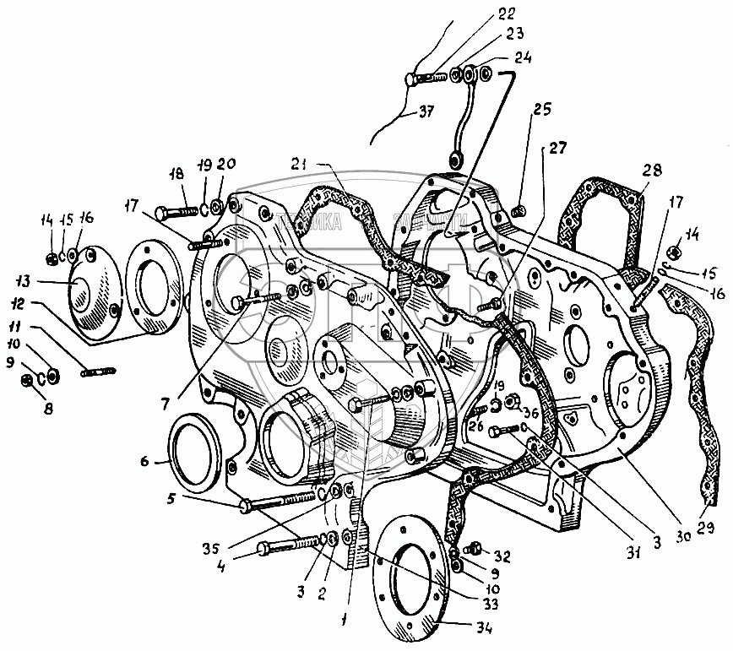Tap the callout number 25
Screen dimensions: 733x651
tap(540, 111)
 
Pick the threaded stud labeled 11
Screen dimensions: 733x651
tap(97, 371)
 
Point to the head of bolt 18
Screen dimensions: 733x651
tap(163, 210)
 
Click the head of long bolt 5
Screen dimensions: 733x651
tap(244, 507)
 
